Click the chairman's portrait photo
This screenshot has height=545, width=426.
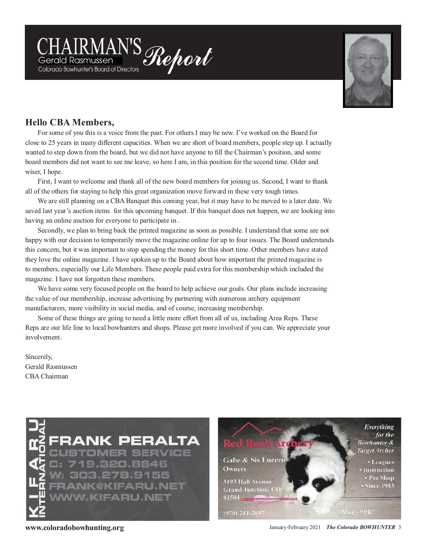click(x=368, y=70)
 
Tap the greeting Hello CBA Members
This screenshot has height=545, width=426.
click(x=70, y=122)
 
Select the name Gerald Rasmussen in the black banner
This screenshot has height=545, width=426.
click(x=75, y=61)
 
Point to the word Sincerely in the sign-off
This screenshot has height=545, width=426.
click(x=39, y=357)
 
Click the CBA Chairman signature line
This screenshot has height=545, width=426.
click(x=47, y=376)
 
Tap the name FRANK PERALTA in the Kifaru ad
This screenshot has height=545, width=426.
click(x=124, y=441)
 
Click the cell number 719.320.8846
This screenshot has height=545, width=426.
click(x=108, y=464)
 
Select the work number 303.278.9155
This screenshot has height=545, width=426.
click(x=109, y=475)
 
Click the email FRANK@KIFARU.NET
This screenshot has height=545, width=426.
click(x=117, y=486)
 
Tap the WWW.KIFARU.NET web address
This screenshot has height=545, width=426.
click(x=110, y=497)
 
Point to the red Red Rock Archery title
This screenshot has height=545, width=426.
click(x=268, y=443)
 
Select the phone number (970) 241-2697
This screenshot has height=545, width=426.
click(x=244, y=513)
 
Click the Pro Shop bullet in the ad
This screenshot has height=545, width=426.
click(x=379, y=478)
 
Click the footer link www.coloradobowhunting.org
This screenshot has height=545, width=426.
click(x=75, y=528)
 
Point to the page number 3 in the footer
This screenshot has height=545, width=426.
click(x=399, y=527)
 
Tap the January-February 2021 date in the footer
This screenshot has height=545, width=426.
click(x=295, y=527)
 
